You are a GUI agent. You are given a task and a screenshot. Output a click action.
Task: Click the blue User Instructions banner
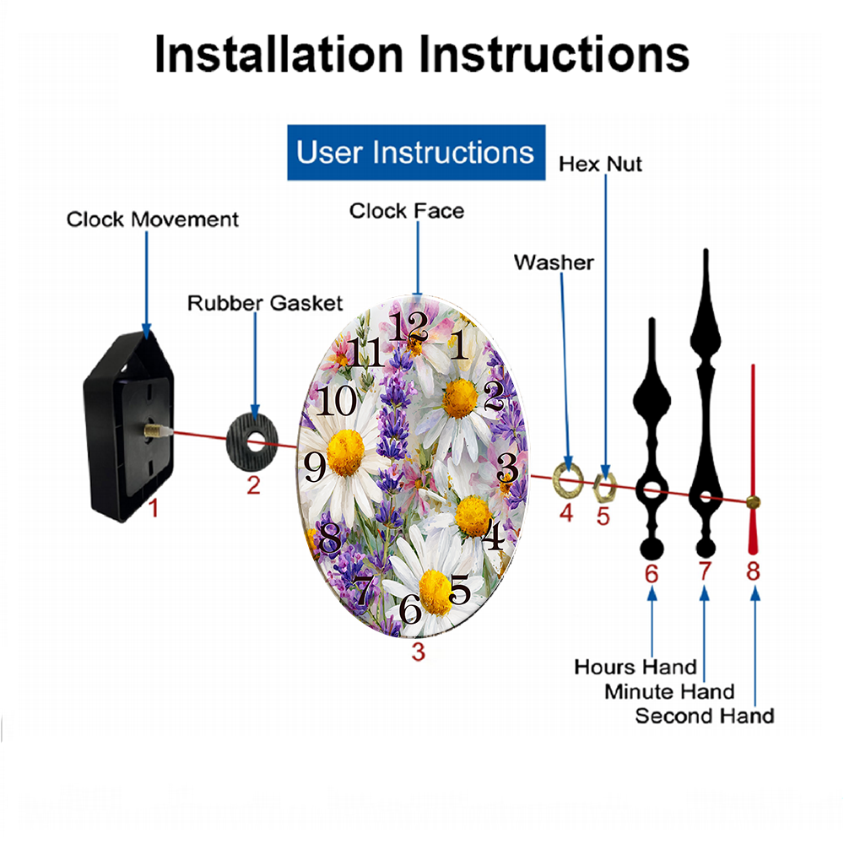click(x=416, y=152)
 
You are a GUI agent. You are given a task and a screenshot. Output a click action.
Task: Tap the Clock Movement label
click(x=152, y=219)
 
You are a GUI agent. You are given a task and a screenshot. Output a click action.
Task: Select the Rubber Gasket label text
click(x=265, y=303)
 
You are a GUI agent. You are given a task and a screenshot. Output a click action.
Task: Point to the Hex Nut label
click(x=600, y=165)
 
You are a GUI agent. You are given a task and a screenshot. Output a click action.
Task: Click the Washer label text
click(x=554, y=262)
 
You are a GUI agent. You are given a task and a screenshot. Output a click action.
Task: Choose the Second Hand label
click(x=705, y=716)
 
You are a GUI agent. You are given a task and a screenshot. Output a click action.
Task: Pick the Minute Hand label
click(x=669, y=691)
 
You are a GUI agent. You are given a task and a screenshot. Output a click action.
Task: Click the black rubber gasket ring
click(x=252, y=441)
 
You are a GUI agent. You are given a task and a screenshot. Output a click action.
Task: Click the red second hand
click(x=753, y=460)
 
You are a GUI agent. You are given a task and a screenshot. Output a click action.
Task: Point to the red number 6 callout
click(x=652, y=574)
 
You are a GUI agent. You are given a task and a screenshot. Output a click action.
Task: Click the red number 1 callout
click(x=154, y=508)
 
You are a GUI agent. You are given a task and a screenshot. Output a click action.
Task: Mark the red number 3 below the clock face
click(x=419, y=652)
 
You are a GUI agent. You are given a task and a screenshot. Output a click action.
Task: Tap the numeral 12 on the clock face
click(x=408, y=326)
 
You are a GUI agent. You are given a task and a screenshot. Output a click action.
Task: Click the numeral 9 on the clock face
click(x=315, y=466)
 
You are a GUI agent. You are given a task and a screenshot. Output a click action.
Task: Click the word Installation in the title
click(x=279, y=54)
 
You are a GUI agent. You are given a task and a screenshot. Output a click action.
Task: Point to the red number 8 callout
click(x=753, y=571)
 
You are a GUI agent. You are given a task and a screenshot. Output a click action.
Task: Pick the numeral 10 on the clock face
click(x=337, y=400)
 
